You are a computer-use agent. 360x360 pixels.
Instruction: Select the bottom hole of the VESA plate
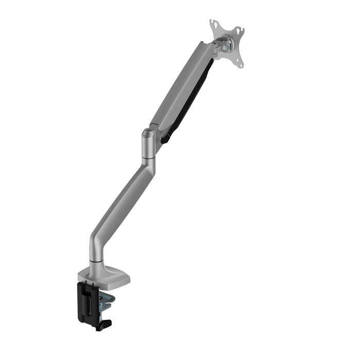[x=239, y=64]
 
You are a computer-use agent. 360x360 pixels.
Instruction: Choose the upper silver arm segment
[x=183, y=87]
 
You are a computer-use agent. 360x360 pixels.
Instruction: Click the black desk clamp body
[x=87, y=301]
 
